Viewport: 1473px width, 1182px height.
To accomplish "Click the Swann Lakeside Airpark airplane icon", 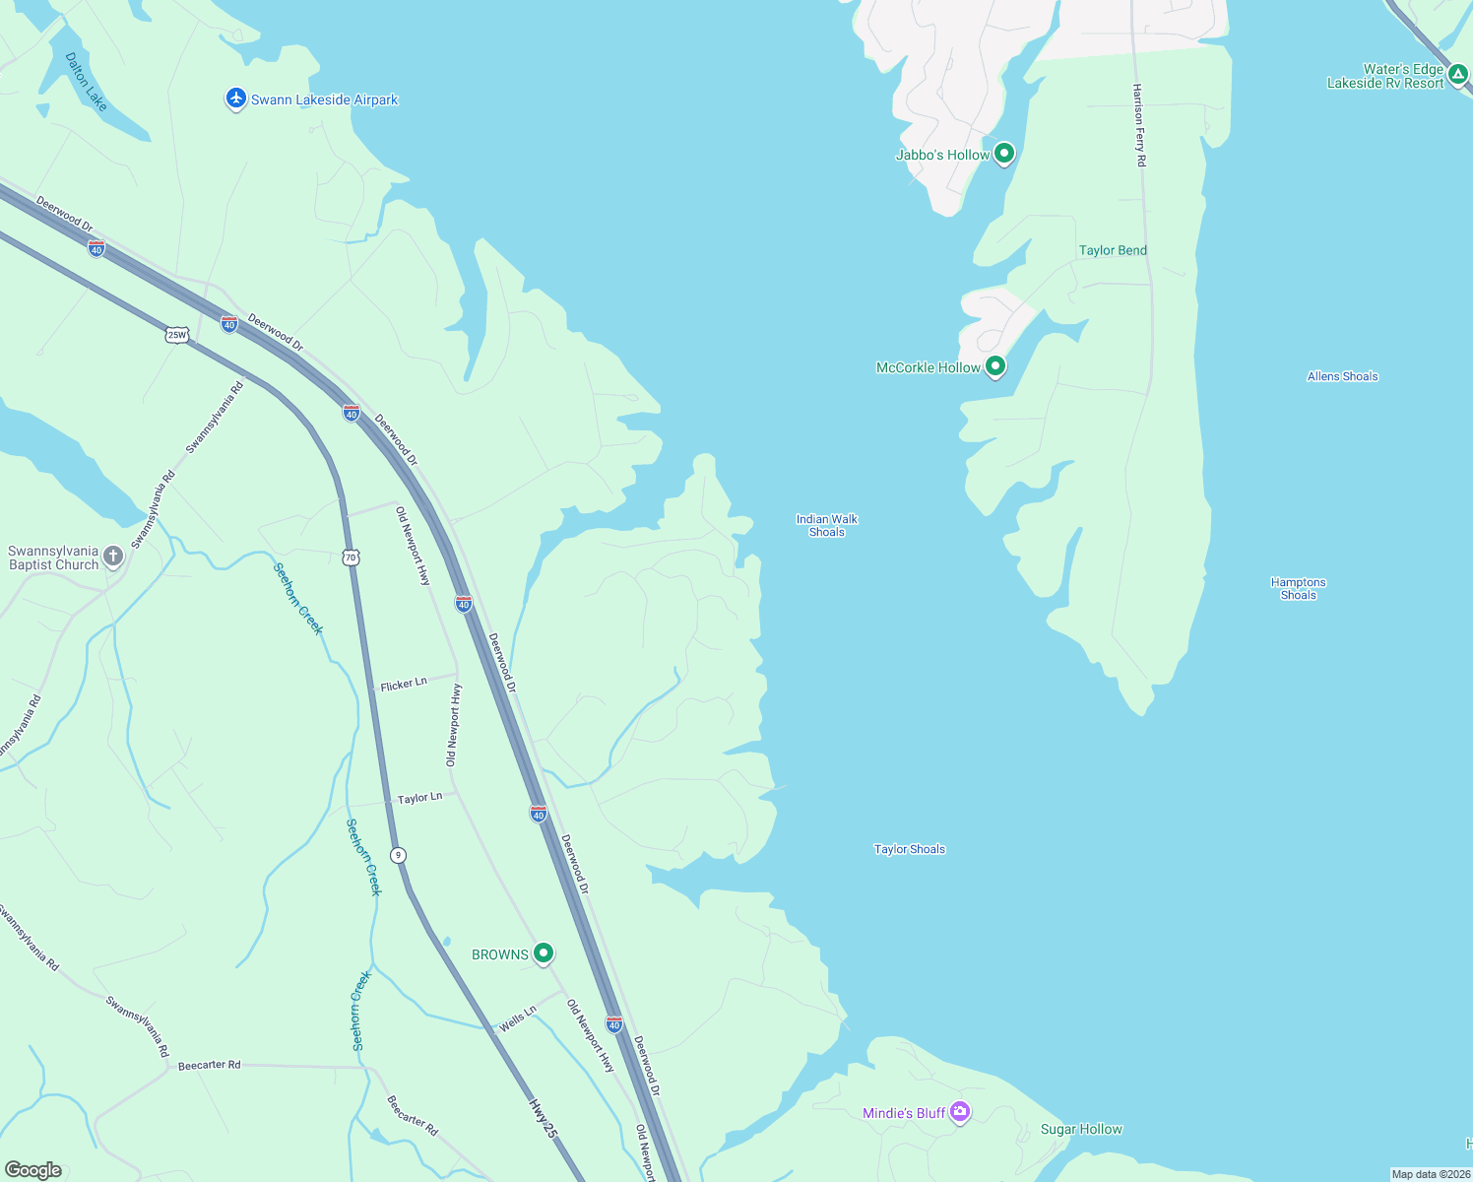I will click(235, 98).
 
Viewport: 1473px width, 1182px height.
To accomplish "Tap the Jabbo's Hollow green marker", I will click(1003, 154).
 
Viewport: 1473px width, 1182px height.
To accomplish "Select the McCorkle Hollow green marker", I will click(995, 366).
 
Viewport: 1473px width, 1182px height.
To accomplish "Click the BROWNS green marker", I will click(543, 953).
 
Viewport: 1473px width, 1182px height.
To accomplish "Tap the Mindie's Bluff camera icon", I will click(960, 1112).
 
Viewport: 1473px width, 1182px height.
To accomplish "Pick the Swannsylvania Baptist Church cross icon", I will click(113, 557).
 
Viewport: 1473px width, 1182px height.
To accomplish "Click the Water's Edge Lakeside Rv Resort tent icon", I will click(1458, 74).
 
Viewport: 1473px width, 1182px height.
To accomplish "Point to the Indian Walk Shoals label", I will click(827, 525).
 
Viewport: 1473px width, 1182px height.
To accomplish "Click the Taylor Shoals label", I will click(909, 849).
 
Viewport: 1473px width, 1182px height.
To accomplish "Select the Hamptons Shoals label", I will click(1298, 588).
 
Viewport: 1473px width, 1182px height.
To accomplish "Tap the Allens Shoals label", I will click(1342, 376).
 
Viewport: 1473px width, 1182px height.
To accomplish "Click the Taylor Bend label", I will click(1113, 250).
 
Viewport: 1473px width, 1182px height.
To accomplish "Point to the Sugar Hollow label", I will click(1081, 1129).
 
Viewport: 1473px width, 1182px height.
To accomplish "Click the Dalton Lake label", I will click(86, 82).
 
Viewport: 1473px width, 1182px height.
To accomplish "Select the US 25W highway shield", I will click(176, 335).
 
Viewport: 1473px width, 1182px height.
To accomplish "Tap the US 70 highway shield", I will click(352, 558).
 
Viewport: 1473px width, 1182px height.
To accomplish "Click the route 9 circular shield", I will click(398, 855).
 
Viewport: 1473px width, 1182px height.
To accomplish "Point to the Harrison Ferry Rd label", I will click(1139, 125).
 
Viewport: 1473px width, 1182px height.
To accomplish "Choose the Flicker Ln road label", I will click(404, 684).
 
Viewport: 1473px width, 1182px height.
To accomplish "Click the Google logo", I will click(33, 1170).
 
